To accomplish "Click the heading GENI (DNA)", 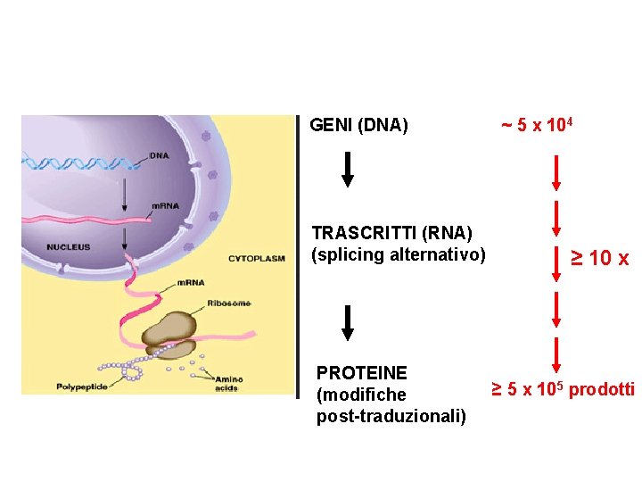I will [358, 126].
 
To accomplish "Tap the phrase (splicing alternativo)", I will [399, 255].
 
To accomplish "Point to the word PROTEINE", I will [362, 372].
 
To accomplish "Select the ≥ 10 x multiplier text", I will [600, 259].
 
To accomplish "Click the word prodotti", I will [602, 389].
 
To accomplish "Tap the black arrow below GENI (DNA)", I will [348, 170].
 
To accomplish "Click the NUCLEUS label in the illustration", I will [69, 247].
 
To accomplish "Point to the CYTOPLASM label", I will [256, 259].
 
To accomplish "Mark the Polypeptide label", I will [81, 386].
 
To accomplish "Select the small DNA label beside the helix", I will [159, 155].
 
